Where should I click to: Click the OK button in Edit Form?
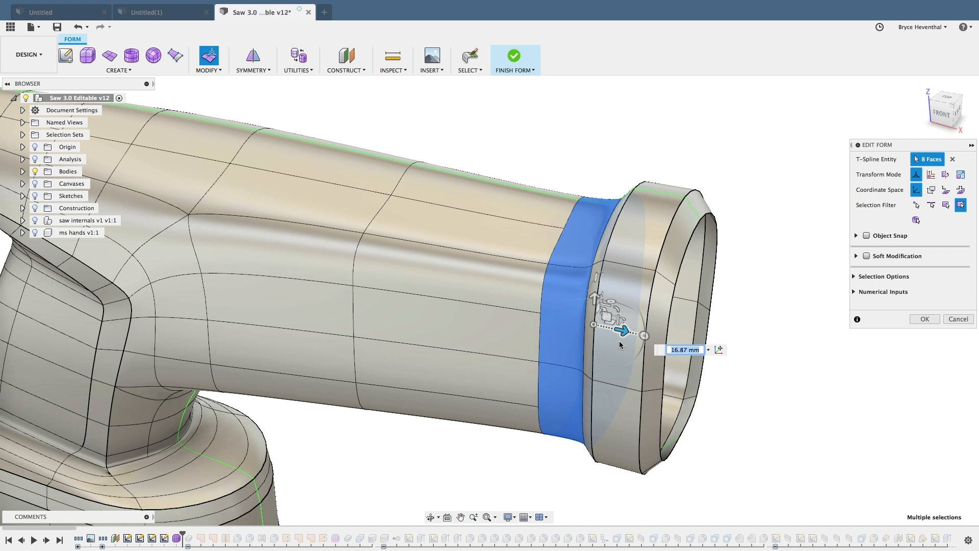tap(924, 319)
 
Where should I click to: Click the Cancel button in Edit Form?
tap(958, 319)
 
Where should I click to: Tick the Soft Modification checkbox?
tap(866, 256)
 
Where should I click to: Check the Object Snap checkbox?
tap(866, 236)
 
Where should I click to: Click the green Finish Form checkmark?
tap(513, 56)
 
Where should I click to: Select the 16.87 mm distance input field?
tap(684, 350)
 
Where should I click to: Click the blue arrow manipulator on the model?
tap(622, 331)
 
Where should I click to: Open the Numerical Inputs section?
tap(883, 292)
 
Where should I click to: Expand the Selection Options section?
tap(883, 277)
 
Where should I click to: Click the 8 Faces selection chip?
tap(927, 159)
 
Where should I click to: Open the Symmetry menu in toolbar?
tap(253, 70)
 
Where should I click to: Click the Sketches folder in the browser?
tap(70, 196)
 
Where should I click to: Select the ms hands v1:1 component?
tap(79, 233)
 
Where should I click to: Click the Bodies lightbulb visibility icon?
tap(35, 171)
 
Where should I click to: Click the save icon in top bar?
tap(57, 27)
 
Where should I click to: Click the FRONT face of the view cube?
tap(941, 113)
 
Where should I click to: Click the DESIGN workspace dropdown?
tap(29, 55)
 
